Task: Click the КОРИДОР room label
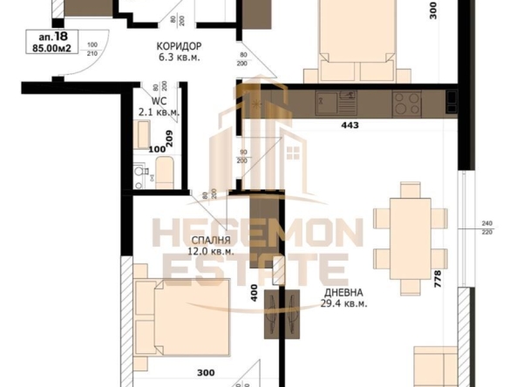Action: pos(179,46)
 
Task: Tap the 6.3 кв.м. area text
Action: pos(179,58)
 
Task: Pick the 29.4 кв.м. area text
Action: pos(343,304)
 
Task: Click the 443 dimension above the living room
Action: pos(350,126)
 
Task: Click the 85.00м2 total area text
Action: pos(51,49)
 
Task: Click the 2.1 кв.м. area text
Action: pos(158,112)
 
